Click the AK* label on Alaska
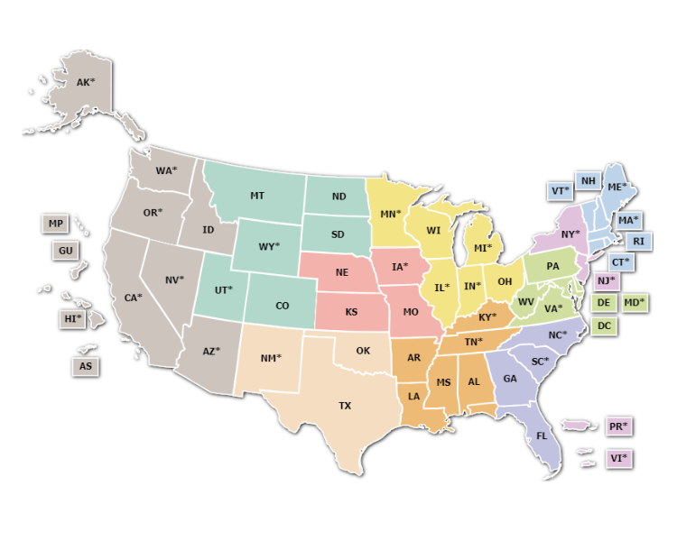[x=86, y=83]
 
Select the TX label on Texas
[x=345, y=406]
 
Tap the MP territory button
[x=56, y=224]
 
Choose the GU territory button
[x=65, y=251]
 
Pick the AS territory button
[x=86, y=366]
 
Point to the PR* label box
[x=618, y=426]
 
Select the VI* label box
[x=618, y=458]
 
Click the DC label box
[x=605, y=326]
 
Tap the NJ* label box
[x=605, y=280]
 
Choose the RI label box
[x=638, y=241]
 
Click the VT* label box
[x=561, y=191]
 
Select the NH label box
[x=589, y=181]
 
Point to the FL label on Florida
[x=542, y=436]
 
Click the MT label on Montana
[x=257, y=196]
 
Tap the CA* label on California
[x=134, y=298]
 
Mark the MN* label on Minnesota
[x=390, y=215]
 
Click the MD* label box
[x=635, y=302]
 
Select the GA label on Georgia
[x=510, y=379]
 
